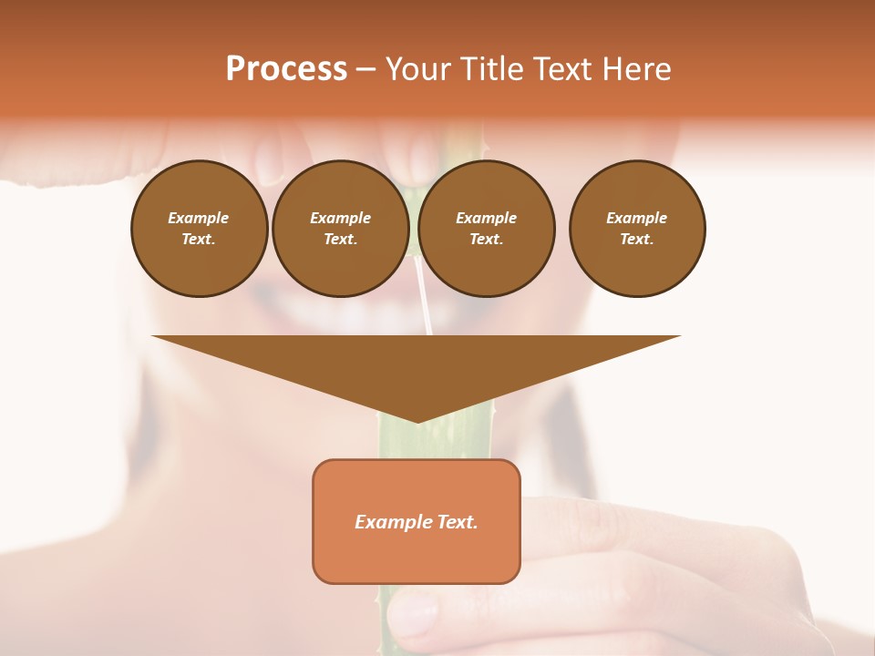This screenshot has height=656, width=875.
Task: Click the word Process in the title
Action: point(286,69)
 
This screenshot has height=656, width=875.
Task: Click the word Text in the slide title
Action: point(564,69)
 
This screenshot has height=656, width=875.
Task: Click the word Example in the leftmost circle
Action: point(199,218)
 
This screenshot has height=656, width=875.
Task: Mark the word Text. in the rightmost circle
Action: point(637,239)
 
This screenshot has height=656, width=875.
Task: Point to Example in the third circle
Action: point(486,218)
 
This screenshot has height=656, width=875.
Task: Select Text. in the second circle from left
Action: point(340,239)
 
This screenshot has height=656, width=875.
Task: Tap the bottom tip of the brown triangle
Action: point(417,420)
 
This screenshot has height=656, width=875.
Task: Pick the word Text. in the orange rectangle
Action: point(458,522)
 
